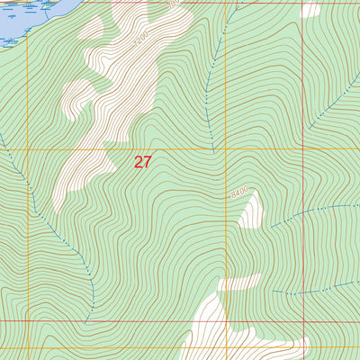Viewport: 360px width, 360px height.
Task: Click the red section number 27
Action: (142, 162)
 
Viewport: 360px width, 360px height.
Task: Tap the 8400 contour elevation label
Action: (238, 193)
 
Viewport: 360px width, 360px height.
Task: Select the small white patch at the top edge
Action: (310, 10)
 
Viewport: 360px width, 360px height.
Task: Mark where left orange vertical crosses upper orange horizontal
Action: (28, 148)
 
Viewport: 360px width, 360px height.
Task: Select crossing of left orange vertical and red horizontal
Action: (28, 319)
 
